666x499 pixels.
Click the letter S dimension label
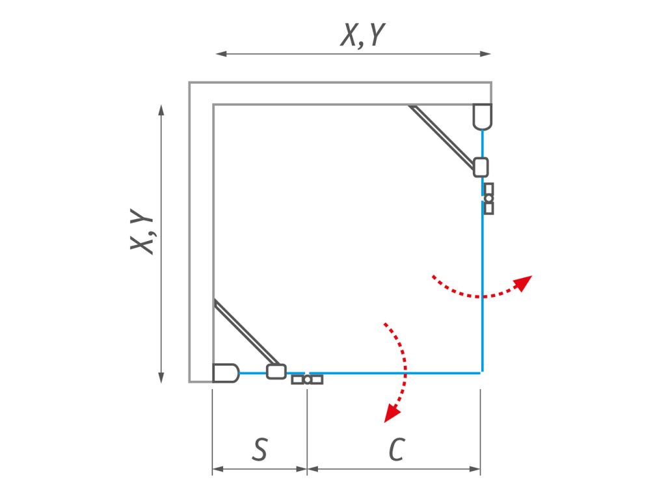[x=260, y=450]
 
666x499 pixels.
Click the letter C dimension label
[x=395, y=450]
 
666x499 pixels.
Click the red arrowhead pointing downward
[x=390, y=413]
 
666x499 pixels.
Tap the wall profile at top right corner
[x=482, y=116]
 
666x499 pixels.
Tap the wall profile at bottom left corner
[x=226, y=373]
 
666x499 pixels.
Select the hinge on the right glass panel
[x=488, y=199]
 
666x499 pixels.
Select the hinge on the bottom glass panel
[x=307, y=379]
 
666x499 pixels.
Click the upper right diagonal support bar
[x=442, y=136]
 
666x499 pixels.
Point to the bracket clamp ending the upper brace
[x=481, y=168]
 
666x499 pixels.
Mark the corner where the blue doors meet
[x=482, y=373]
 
